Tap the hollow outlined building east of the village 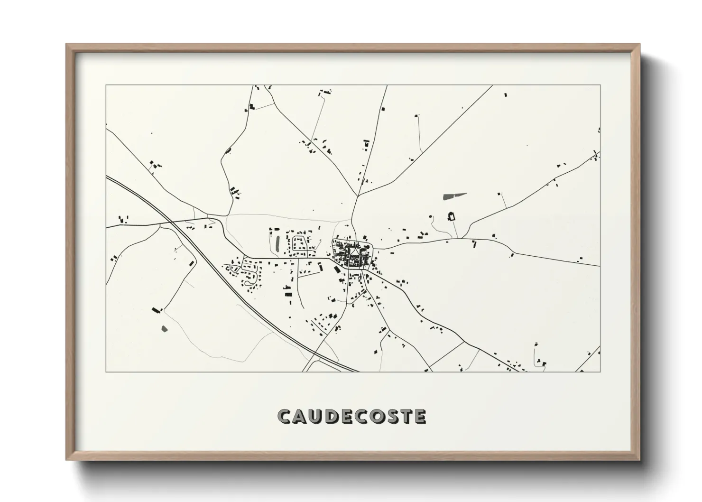(451, 217)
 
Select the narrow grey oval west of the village (277, 244)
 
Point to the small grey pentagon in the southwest (165, 328)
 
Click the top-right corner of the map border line (600, 85)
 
